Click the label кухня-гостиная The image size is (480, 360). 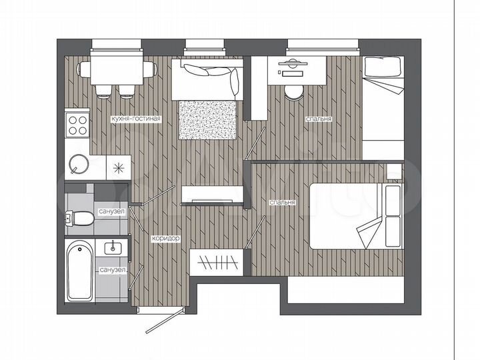click(x=135, y=119)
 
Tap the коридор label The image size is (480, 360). click(x=166, y=238)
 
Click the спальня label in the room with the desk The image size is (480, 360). click(x=319, y=119)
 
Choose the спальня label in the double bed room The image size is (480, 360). click(x=283, y=202)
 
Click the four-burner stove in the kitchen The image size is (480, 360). click(x=77, y=123)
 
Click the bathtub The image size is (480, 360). click(x=79, y=272)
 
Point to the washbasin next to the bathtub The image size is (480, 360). click(x=111, y=249)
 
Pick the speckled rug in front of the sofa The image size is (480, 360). click(x=207, y=119)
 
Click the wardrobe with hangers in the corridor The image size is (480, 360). click(x=215, y=261)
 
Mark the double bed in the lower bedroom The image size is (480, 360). click(x=357, y=216)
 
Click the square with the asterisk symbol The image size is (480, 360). click(x=119, y=167)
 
